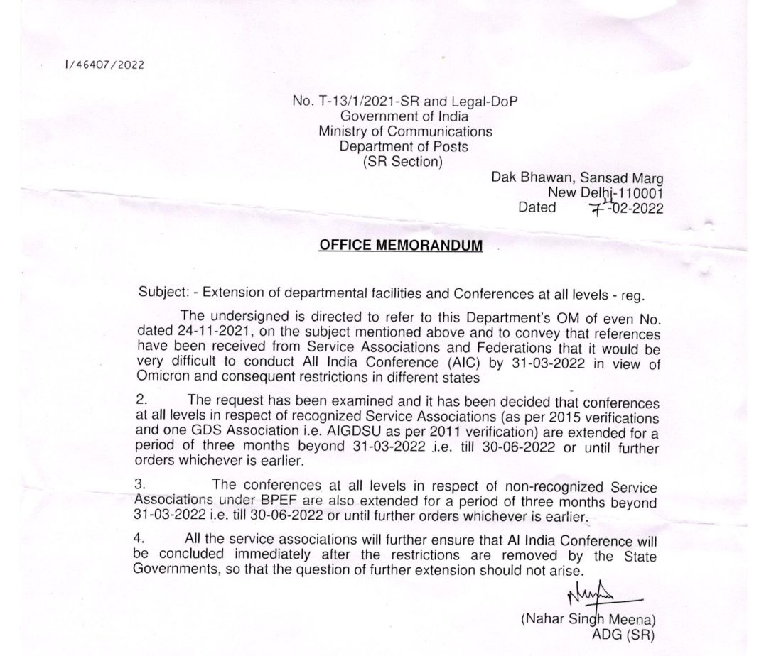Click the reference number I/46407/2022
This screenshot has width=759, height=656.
coord(103,65)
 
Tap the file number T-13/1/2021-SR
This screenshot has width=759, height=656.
coord(356,102)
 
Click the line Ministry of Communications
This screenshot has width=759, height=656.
coord(404,131)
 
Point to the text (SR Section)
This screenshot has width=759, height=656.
coord(402,161)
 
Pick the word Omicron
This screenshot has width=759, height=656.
coord(161,378)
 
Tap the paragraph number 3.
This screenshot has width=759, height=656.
coord(139,486)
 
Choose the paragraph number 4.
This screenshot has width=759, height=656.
coord(139,539)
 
